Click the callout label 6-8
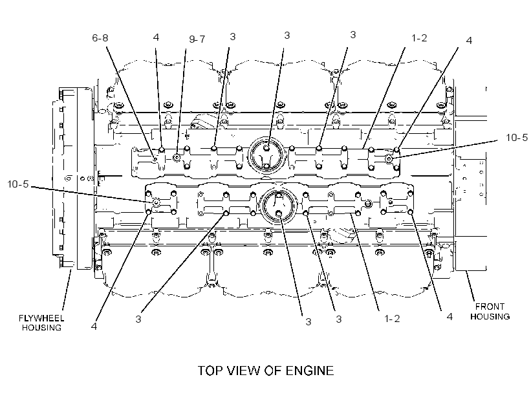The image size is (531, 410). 100,38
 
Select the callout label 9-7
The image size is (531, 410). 197,39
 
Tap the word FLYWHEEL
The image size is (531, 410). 41,318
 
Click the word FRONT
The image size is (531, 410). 490,307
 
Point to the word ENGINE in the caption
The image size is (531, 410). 310,371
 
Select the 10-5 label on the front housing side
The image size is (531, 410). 517,138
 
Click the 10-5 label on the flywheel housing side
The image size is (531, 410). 18,184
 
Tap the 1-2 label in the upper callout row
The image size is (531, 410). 419,38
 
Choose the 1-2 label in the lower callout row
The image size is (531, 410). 392,319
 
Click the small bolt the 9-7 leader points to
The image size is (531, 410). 177,157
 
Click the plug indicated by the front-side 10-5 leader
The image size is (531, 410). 389,158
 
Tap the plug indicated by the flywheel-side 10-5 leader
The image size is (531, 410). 156,202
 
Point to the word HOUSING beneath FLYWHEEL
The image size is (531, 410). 41,328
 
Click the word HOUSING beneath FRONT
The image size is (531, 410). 490,317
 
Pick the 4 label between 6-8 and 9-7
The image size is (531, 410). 156,37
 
